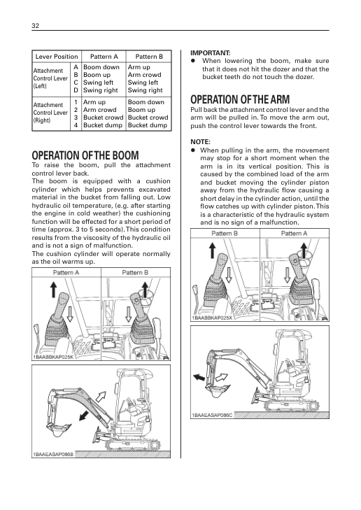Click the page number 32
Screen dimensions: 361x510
tap(35, 26)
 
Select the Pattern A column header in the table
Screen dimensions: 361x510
tap(104, 57)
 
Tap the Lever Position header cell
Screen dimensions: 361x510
tap(57, 57)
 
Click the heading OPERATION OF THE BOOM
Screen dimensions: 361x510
tap(85, 155)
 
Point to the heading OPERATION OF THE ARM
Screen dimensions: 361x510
tap(240, 99)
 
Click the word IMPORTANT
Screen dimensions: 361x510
tap(210, 52)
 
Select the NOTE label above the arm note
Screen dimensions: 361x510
tap(200, 142)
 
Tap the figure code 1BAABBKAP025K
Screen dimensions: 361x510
tap(53, 357)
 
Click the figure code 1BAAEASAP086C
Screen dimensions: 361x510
tap(212, 415)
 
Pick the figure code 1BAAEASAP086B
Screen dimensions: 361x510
tap(53, 454)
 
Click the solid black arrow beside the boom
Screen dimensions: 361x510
tap(85, 416)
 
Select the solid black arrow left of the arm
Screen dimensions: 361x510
tap(199, 377)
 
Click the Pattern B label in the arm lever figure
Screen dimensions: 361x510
tap(225, 233)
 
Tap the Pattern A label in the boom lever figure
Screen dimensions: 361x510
tap(66, 273)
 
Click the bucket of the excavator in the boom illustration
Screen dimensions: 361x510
tap(59, 429)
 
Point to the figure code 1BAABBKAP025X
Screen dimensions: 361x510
tap(212, 318)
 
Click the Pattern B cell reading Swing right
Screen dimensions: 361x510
tap(145, 90)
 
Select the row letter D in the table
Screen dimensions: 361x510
tap(76, 90)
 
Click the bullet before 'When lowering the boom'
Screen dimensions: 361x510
tap(193, 61)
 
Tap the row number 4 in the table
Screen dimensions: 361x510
tap(76, 125)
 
